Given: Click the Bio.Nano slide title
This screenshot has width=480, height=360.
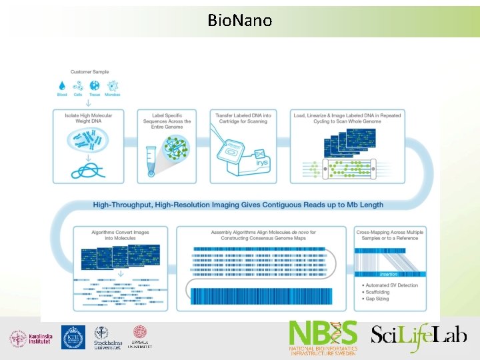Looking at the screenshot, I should coord(240,21).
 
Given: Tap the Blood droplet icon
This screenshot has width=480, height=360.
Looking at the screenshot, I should coord(62,85).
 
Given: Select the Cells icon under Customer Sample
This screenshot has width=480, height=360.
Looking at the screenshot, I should coord(78,85).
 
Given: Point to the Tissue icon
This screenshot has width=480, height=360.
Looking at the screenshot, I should coord(94,85).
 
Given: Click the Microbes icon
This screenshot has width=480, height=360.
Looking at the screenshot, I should coord(113,85).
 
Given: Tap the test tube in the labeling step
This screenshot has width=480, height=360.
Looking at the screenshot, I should coord(151,161).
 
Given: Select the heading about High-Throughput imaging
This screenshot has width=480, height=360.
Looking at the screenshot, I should coord(238,205).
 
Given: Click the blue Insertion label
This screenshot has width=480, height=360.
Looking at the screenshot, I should coord(389,275).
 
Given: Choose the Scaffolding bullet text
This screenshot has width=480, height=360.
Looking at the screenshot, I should coord(379,293).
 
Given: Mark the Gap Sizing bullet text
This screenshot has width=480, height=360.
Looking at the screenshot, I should coord(378,300).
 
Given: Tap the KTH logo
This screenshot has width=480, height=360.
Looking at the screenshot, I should coord(73,337).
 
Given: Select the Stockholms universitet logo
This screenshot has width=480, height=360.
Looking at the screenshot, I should coord(107,338).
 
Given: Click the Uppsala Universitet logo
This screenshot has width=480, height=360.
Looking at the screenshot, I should coord(140,337).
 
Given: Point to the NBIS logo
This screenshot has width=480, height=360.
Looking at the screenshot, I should coord(323,337).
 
